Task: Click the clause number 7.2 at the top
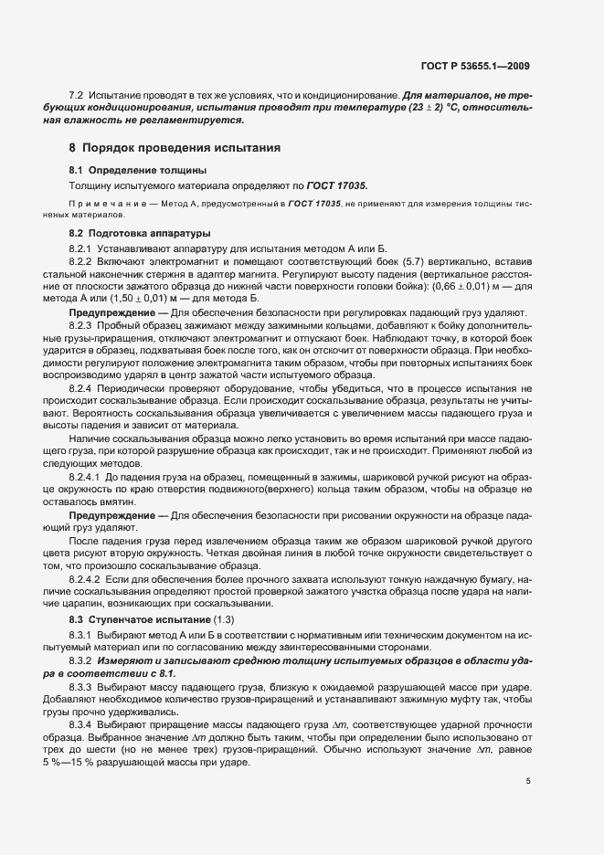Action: [x=78, y=95]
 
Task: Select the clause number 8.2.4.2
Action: [x=87, y=579]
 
